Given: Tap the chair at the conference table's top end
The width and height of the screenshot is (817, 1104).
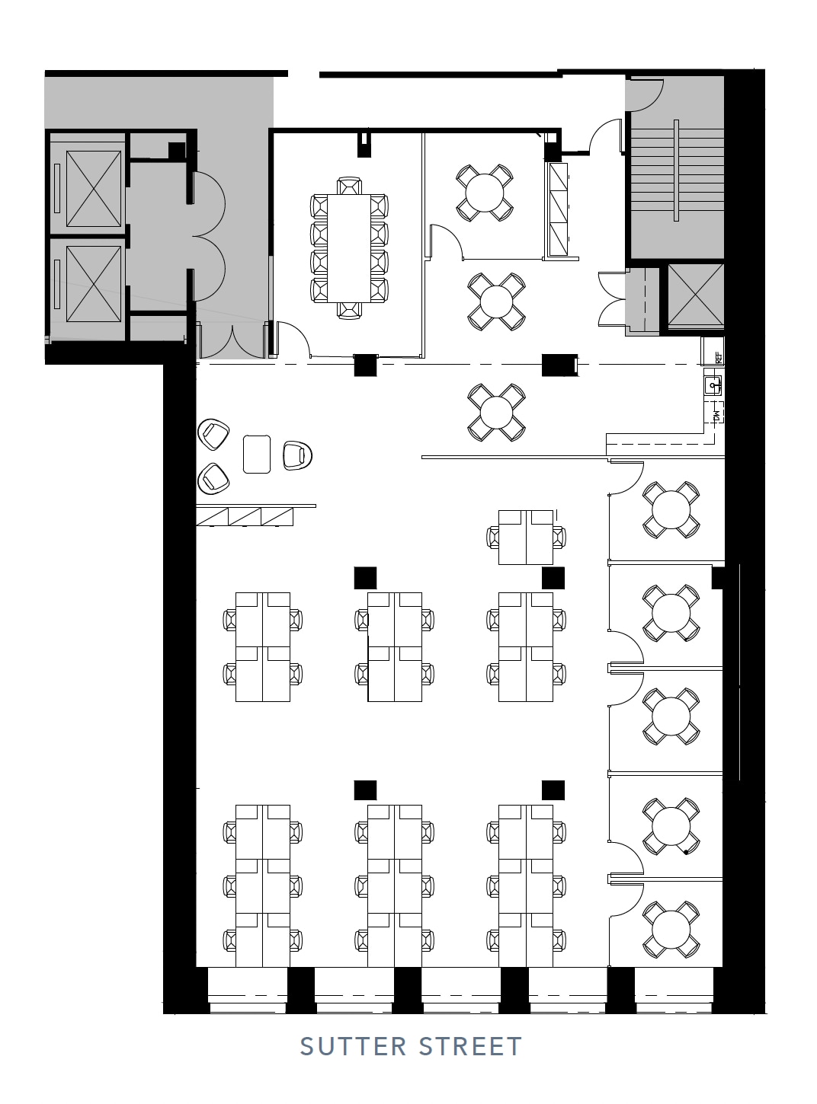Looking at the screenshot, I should [x=349, y=186].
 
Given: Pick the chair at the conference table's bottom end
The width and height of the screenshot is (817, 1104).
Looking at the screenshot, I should [x=349, y=309].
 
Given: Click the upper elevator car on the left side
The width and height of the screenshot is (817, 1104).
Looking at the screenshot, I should [x=93, y=189].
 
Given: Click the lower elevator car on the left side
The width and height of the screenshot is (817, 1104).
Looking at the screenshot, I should [x=93, y=284].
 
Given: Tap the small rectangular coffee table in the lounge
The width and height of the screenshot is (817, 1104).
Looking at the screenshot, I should [x=257, y=454].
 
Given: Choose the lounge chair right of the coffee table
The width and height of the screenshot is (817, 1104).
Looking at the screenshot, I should [x=296, y=455].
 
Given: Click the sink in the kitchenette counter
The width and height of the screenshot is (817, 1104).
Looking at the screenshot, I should [x=713, y=385].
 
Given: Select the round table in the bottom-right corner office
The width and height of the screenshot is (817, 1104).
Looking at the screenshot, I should [x=671, y=928].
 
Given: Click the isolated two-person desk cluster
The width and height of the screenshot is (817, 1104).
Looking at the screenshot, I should [x=526, y=537].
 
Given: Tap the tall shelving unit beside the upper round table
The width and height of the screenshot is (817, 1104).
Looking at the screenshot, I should [x=558, y=210].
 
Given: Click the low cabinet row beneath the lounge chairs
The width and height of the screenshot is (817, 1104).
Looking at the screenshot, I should [x=245, y=516].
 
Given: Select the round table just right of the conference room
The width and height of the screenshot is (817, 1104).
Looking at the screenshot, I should [x=484, y=193].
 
